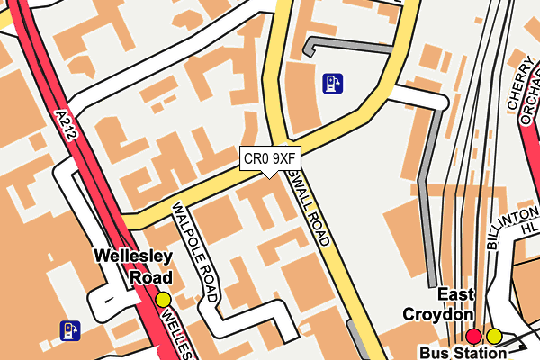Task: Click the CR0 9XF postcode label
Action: point(269,158)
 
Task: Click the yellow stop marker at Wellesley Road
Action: point(163,300)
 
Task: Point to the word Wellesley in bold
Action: point(133,257)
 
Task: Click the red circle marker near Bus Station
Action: point(474,337)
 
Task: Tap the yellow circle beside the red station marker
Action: point(494,337)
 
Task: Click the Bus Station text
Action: point(463,352)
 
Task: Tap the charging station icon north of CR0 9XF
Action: point(333,84)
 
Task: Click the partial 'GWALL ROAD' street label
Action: point(310,209)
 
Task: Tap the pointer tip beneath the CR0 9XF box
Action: point(269,175)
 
